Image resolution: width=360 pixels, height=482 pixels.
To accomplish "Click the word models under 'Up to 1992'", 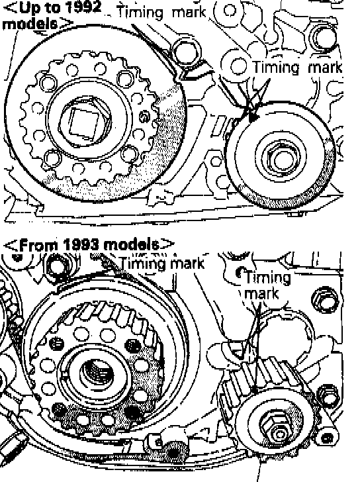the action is point(30,23).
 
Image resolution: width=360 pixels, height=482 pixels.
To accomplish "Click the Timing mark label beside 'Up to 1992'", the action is point(161,13).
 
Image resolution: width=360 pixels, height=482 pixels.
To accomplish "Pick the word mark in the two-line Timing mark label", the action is point(261,293).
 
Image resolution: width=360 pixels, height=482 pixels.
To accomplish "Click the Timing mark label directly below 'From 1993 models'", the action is point(162,264).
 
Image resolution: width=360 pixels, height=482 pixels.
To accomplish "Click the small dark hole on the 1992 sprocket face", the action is point(144,116).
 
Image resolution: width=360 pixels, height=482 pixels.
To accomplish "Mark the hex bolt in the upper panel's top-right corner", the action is point(323,37).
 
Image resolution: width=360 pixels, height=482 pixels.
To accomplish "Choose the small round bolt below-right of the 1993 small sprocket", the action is point(328,437).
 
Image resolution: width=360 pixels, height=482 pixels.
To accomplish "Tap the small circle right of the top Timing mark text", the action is point(229,11).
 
